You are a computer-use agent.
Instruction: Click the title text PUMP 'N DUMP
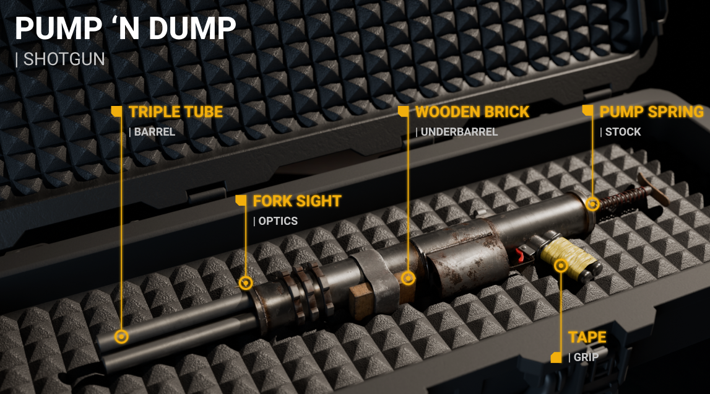tap(126, 28)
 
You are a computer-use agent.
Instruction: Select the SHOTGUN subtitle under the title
tap(64, 59)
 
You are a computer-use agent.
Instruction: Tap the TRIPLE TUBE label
tap(176, 112)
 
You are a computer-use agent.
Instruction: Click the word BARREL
tap(154, 132)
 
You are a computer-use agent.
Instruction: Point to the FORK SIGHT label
tap(297, 201)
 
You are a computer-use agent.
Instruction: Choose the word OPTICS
tap(278, 221)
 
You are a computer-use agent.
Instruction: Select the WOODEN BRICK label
tap(472, 112)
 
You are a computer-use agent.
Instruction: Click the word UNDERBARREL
tap(459, 132)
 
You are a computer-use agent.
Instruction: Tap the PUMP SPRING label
tap(652, 112)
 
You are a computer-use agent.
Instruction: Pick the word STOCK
tap(623, 132)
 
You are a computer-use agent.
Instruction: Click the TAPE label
tap(587, 338)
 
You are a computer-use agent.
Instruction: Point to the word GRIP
tap(586, 357)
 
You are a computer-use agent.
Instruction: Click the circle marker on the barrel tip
tap(121, 337)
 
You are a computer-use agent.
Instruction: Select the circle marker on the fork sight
tap(246, 283)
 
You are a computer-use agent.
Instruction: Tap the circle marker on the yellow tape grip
tap(561, 266)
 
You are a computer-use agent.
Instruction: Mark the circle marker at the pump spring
tap(592, 204)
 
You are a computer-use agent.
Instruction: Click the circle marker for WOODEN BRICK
tap(408, 278)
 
